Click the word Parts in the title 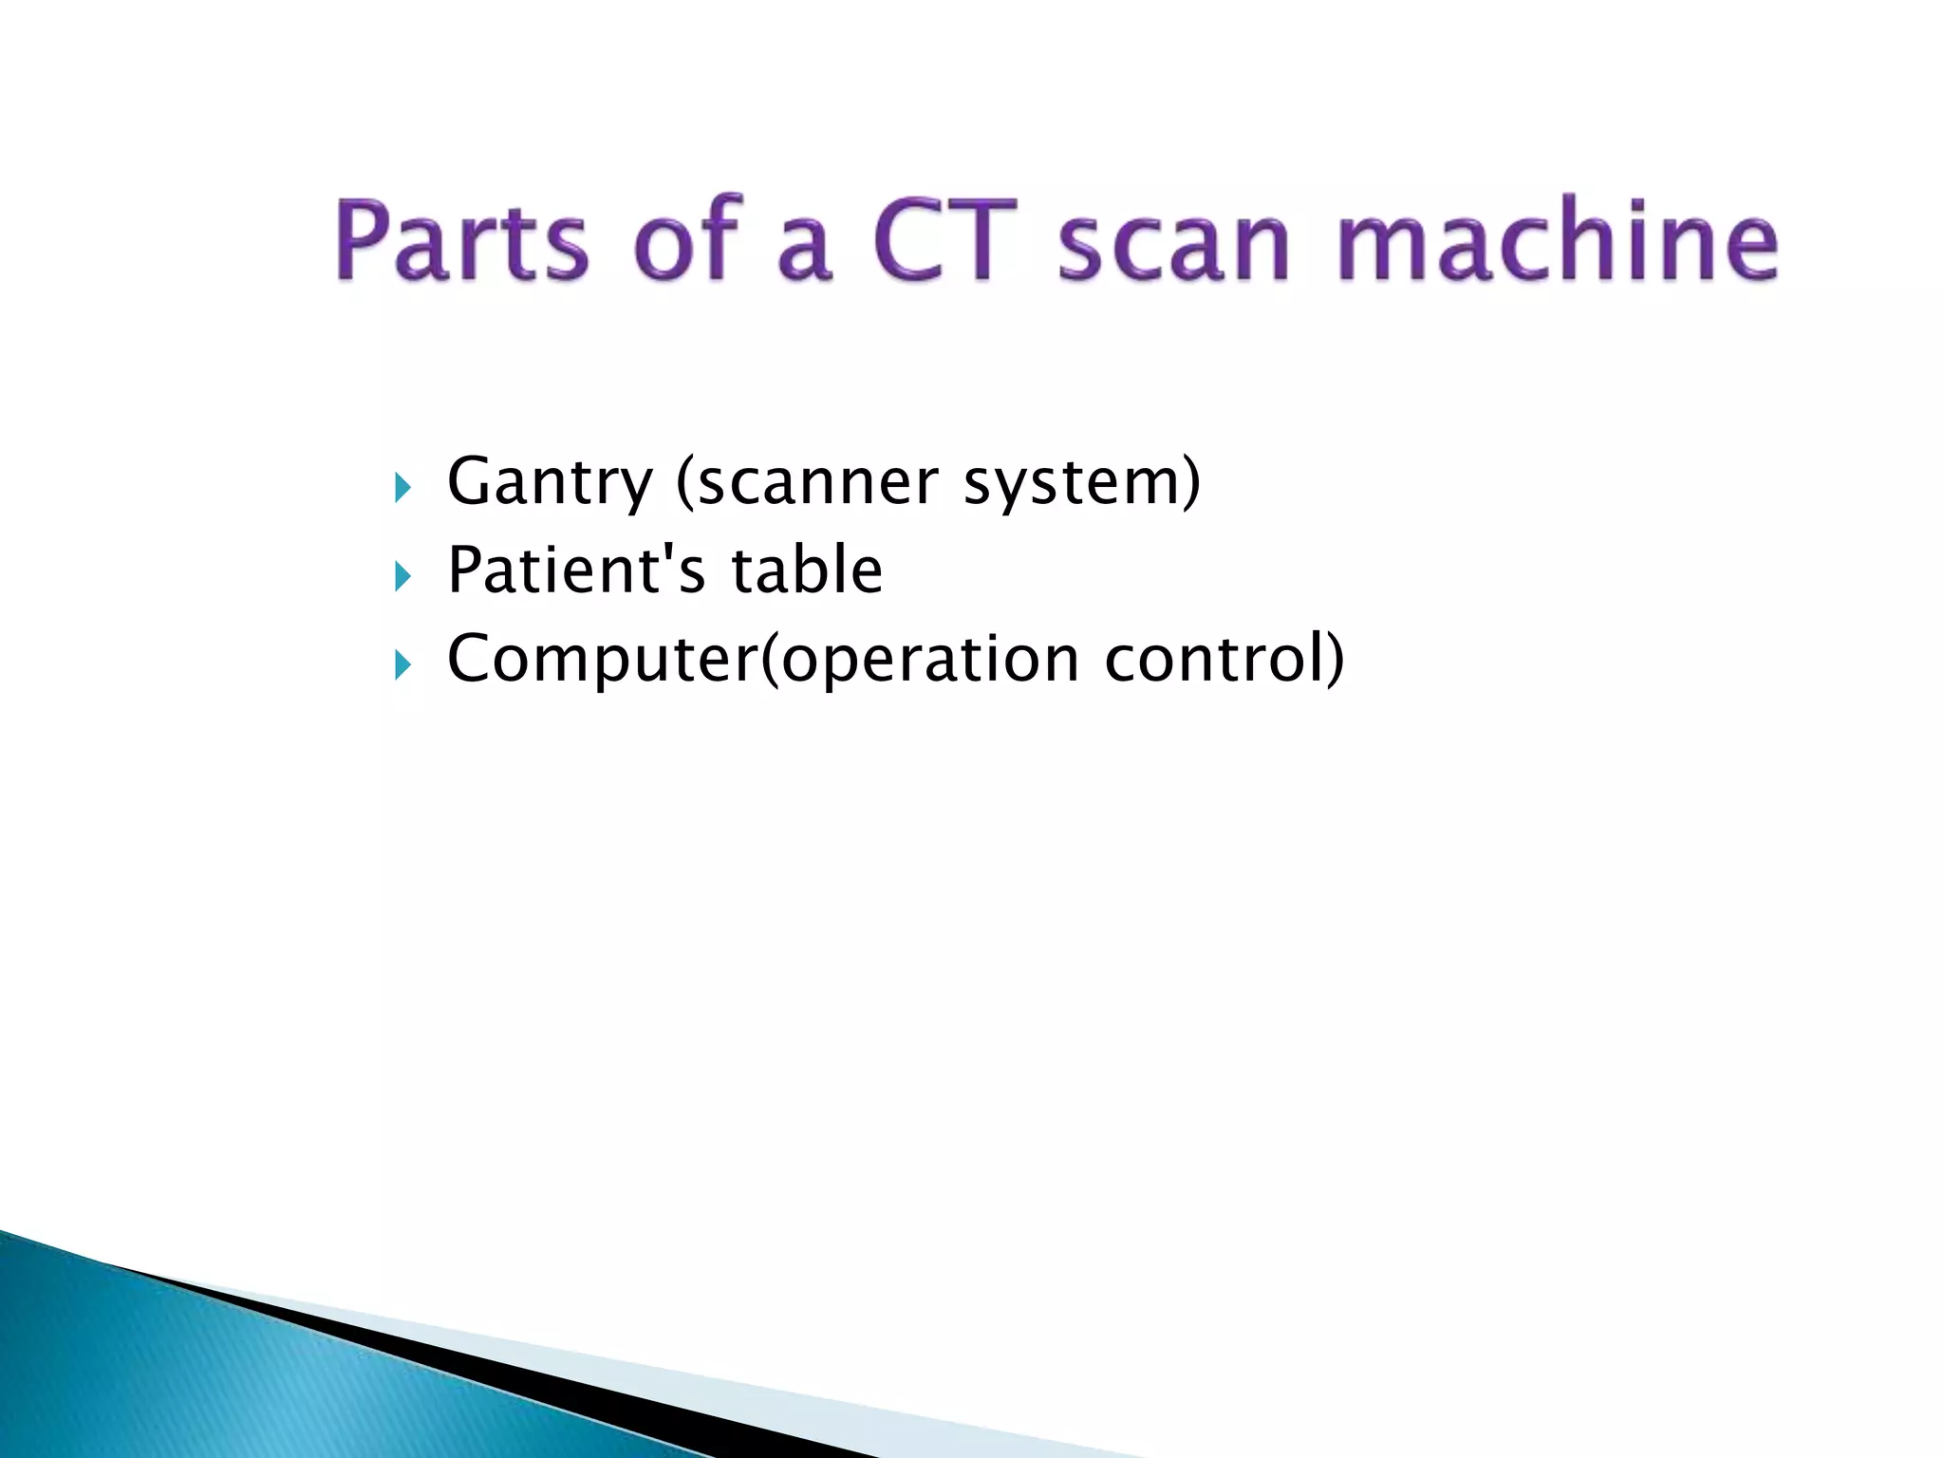click(x=462, y=239)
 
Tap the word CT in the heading click(x=944, y=239)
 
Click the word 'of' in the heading click(x=685, y=239)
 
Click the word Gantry click(x=550, y=482)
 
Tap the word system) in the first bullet click(x=1082, y=484)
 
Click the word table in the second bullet click(x=807, y=570)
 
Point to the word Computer click(x=602, y=659)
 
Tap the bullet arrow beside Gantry click(x=403, y=489)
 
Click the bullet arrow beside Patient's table click(x=403, y=576)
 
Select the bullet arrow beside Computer click(x=403, y=665)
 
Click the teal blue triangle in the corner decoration click(x=190, y=1376)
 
